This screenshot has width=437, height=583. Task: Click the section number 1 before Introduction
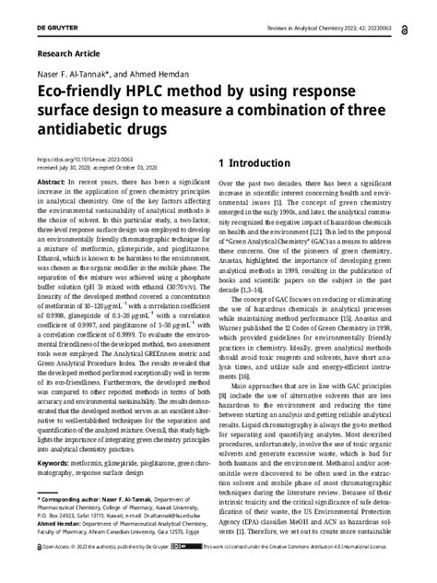pyautogui.click(x=223, y=163)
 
